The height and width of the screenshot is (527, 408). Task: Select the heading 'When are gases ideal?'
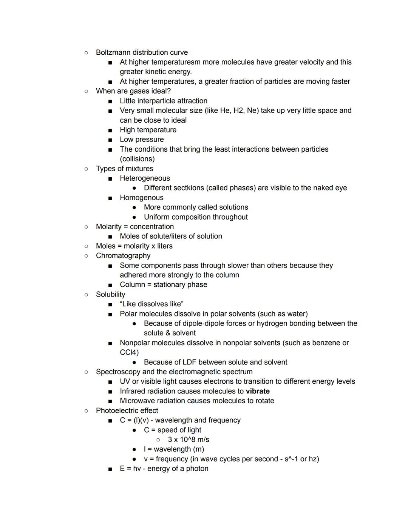click(133, 91)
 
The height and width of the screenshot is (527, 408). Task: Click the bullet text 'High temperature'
click(148, 130)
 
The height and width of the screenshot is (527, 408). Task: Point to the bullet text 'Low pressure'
click(142, 140)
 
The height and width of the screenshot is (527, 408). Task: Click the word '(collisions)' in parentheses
click(137, 159)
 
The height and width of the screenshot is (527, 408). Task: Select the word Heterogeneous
click(145, 178)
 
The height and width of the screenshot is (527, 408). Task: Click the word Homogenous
click(142, 198)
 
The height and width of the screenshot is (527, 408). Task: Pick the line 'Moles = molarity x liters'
click(134, 246)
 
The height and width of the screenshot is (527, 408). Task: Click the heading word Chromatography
click(123, 256)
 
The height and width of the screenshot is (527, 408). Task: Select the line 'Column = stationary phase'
click(163, 285)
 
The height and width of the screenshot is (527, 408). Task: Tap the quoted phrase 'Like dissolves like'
click(151, 304)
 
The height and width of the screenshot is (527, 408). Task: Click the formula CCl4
click(129, 352)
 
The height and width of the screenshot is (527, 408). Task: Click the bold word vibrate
click(257, 391)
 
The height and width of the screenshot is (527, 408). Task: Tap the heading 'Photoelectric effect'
click(127, 410)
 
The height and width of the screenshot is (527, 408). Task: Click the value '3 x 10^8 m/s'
click(188, 439)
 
